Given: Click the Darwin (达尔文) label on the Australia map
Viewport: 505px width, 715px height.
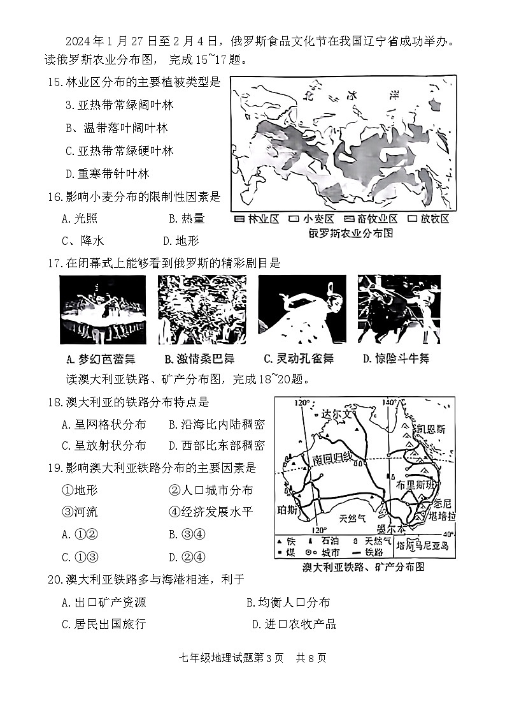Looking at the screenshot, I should coord(336,413).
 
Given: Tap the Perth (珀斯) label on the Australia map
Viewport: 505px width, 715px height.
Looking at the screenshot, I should coord(288,510).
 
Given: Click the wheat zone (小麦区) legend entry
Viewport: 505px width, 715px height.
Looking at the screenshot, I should coord(308,219).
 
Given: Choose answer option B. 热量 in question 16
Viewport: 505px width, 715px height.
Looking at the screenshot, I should coord(187,219).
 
